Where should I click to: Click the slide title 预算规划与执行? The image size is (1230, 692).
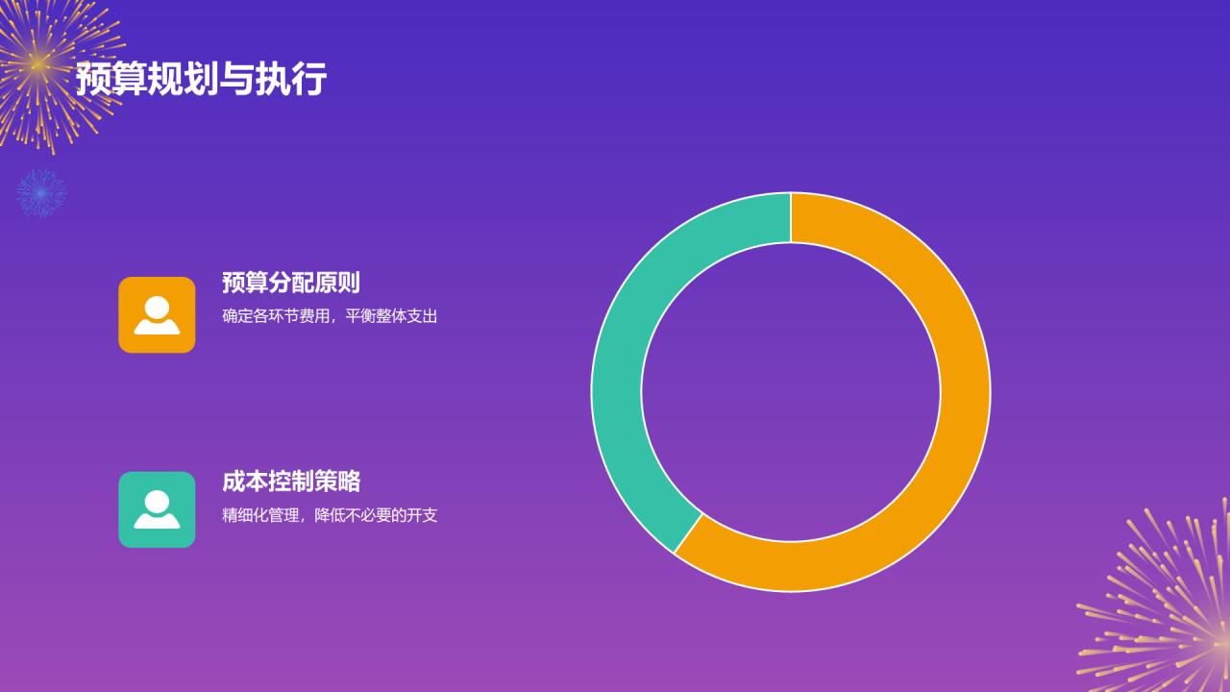201,79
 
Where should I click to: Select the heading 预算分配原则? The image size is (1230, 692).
290,283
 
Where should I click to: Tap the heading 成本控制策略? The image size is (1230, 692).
290,482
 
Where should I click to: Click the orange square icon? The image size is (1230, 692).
157,315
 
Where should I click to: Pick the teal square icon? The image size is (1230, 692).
157,509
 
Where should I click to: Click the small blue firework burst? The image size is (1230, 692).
40,193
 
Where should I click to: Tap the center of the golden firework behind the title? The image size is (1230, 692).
37,64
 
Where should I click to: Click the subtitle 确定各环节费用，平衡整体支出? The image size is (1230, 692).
330,316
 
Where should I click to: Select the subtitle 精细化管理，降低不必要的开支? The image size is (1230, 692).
330,515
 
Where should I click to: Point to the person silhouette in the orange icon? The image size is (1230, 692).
157,316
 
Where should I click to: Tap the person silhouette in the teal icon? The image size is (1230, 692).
157,510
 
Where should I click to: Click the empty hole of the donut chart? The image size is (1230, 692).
791,392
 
